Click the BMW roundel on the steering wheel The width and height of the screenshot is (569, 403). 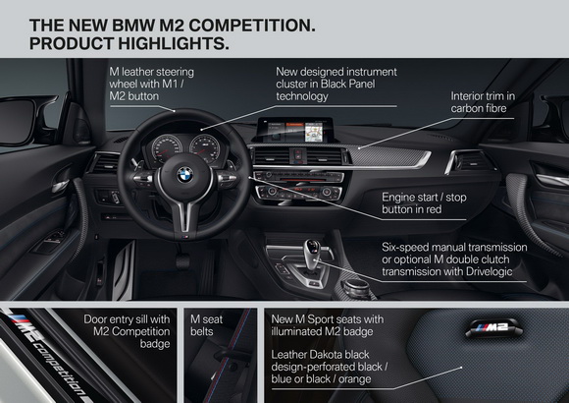tap(185, 175)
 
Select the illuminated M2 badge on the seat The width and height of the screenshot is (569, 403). tap(492, 327)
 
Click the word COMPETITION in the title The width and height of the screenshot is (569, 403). tap(252, 26)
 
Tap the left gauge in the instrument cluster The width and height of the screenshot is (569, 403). tap(167, 149)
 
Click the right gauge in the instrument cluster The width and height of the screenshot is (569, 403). tap(205, 149)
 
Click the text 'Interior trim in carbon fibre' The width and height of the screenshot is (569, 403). tap(483, 102)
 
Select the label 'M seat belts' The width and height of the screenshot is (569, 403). tap(206, 325)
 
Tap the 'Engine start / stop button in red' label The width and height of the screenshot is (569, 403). tap(424, 203)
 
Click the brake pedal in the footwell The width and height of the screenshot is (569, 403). tap(182, 260)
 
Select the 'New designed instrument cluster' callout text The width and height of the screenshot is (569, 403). tap(336, 84)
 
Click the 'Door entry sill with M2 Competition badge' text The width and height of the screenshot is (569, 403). tap(127, 331)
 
